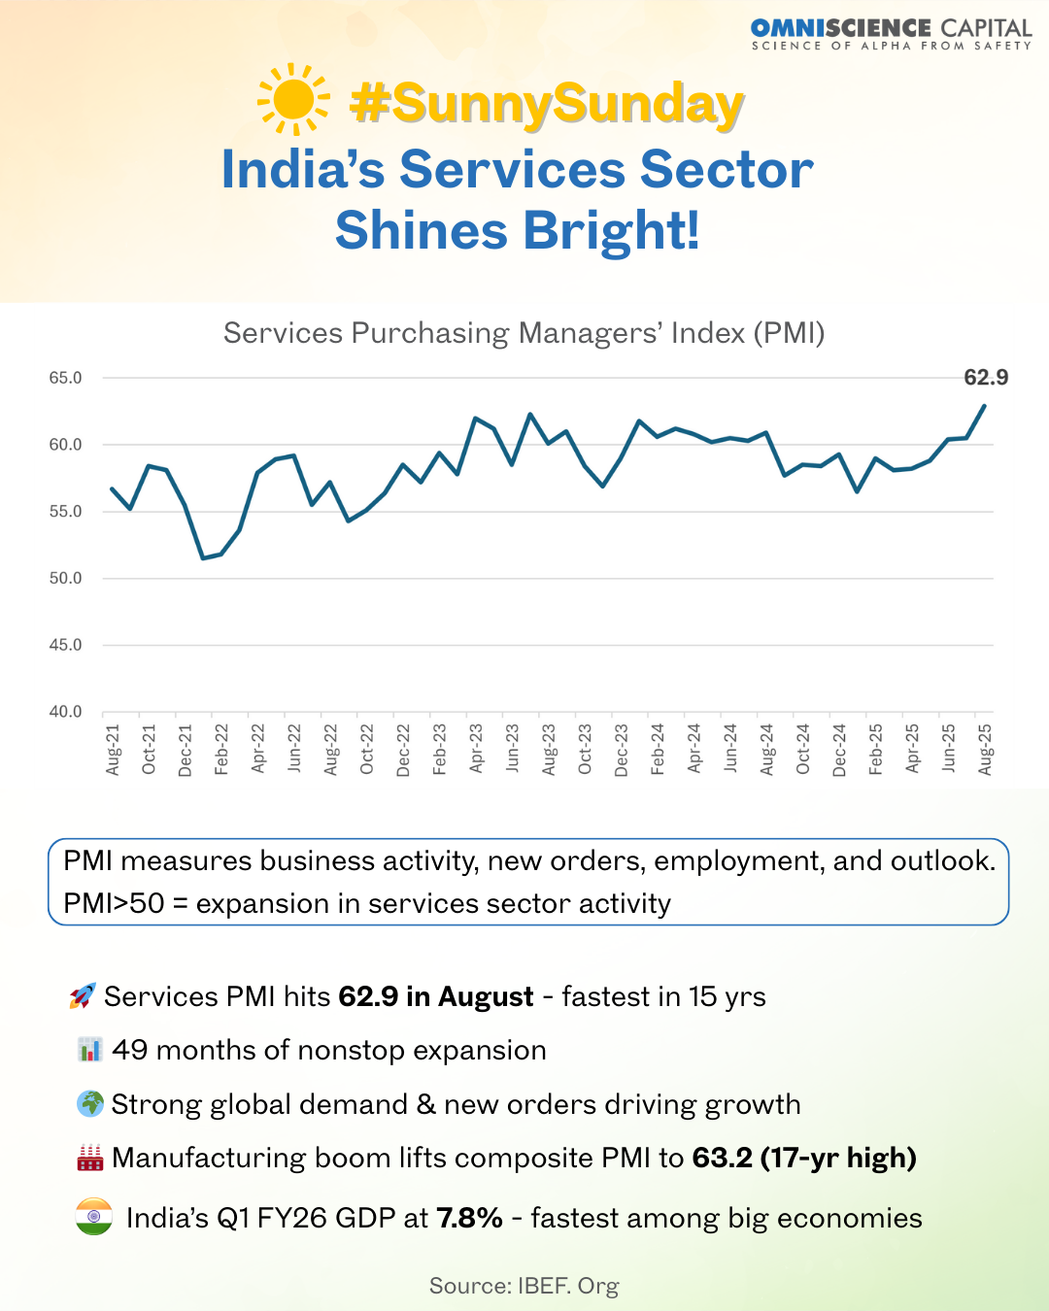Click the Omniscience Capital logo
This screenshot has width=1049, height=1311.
[891, 34]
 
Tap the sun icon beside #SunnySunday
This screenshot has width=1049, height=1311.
[293, 99]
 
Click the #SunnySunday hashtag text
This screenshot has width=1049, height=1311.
[547, 103]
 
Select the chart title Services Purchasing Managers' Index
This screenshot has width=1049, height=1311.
[524, 333]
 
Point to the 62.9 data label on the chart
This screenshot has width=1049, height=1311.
[985, 378]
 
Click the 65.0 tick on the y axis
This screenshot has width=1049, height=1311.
[66, 378]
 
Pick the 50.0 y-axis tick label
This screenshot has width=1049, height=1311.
[66, 578]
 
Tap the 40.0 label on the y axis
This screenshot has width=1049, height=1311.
[66, 712]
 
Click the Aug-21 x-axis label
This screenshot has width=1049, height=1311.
[113, 749]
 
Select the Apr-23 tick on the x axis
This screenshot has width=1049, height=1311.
[476, 749]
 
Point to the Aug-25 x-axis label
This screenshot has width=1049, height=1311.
[985, 749]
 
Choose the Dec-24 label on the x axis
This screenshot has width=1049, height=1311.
[839, 750]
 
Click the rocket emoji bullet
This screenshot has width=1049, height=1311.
[83, 996]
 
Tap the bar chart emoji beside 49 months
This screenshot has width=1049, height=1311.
[89, 1050]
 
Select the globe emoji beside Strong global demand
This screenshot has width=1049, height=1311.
[89, 1104]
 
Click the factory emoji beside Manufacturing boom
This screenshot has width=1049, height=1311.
[89, 1158]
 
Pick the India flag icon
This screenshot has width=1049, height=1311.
[94, 1218]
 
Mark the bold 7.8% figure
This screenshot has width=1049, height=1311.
[469, 1218]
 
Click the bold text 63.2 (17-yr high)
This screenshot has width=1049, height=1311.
[804, 1158]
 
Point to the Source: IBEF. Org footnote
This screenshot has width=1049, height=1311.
[524, 1286]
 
